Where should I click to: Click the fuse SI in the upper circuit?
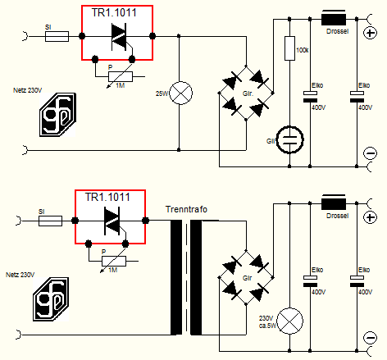click(57, 36)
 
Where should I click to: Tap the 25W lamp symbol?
click(181, 93)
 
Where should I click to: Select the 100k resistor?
click(289, 48)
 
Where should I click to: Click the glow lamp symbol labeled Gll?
click(289, 139)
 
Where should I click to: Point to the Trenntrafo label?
click(186, 209)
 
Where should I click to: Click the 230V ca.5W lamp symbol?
click(289, 321)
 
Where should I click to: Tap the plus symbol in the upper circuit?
click(371, 33)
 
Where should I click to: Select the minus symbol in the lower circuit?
click(371, 338)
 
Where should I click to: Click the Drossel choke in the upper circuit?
click(334, 19)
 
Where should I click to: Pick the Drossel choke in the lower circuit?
click(334, 203)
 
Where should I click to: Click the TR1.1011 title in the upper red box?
click(114, 13)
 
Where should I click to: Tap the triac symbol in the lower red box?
click(112, 221)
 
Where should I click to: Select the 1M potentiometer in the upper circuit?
click(121, 77)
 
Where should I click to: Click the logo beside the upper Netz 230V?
click(58, 115)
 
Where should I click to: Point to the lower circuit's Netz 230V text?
click(20, 275)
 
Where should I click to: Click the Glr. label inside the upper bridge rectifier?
click(248, 93)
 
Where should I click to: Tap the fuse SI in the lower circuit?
click(50, 221)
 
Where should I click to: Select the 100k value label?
click(303, 50)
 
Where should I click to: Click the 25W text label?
click(162, 93)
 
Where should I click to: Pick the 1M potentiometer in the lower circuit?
click(114, 262)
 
